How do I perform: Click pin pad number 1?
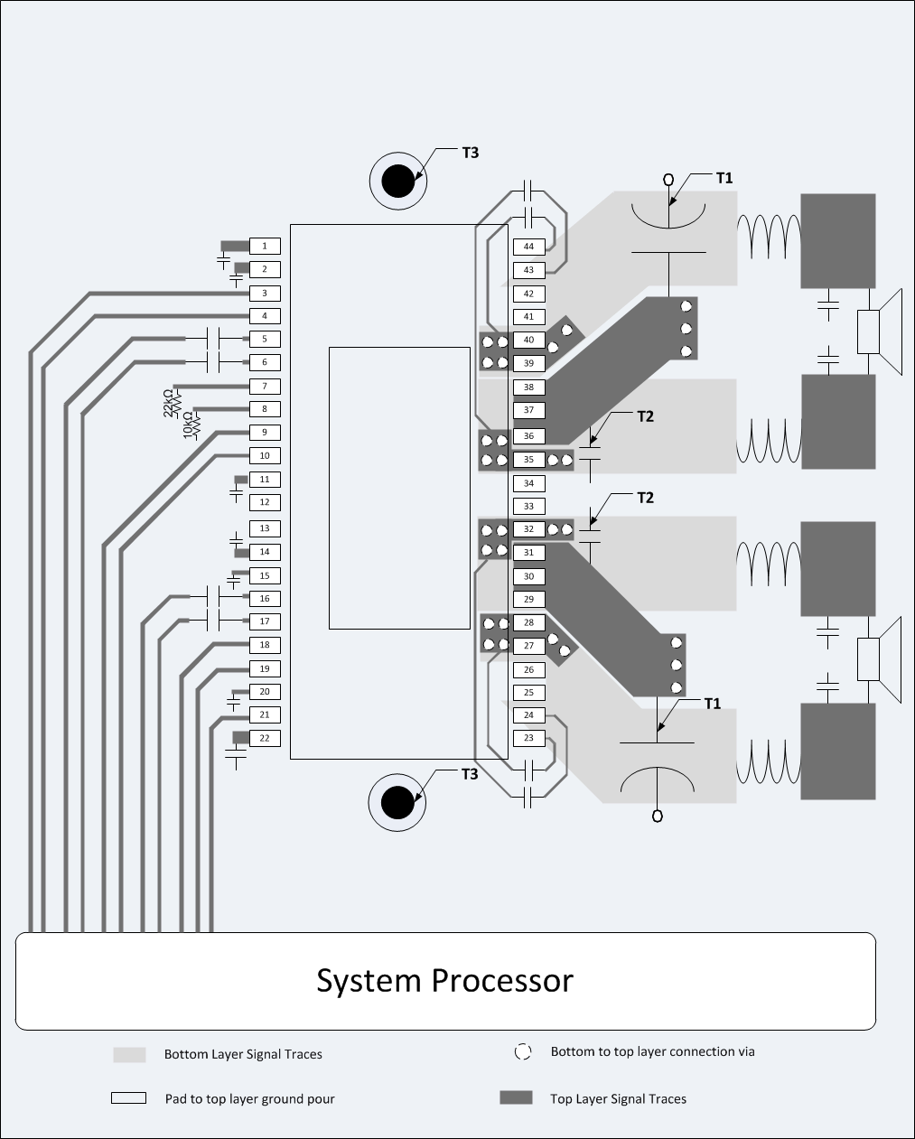coord(265,246)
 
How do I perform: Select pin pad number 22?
coord(265,738)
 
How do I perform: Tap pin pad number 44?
coord(528,247)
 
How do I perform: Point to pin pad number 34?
coord(528,483)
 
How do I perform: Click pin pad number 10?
coord(265,456)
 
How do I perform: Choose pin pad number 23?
coord(528,738)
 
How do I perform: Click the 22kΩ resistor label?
coord(169,402)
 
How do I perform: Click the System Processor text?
coord(444,980)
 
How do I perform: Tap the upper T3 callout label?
coord(470,153)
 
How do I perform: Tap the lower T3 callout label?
coord(470,774)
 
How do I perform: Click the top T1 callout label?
coord(724,178)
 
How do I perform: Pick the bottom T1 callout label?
coord(713,704)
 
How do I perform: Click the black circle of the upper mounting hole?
coord(397,182)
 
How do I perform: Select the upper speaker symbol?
coord(878,331)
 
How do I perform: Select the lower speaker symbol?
coord(878,658)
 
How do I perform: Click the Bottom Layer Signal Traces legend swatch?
coord(129,1054)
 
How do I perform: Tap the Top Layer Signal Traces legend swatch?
coord(516,1098)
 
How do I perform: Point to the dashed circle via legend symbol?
coord(523,1051)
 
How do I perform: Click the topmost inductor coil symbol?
coord(769,238)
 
